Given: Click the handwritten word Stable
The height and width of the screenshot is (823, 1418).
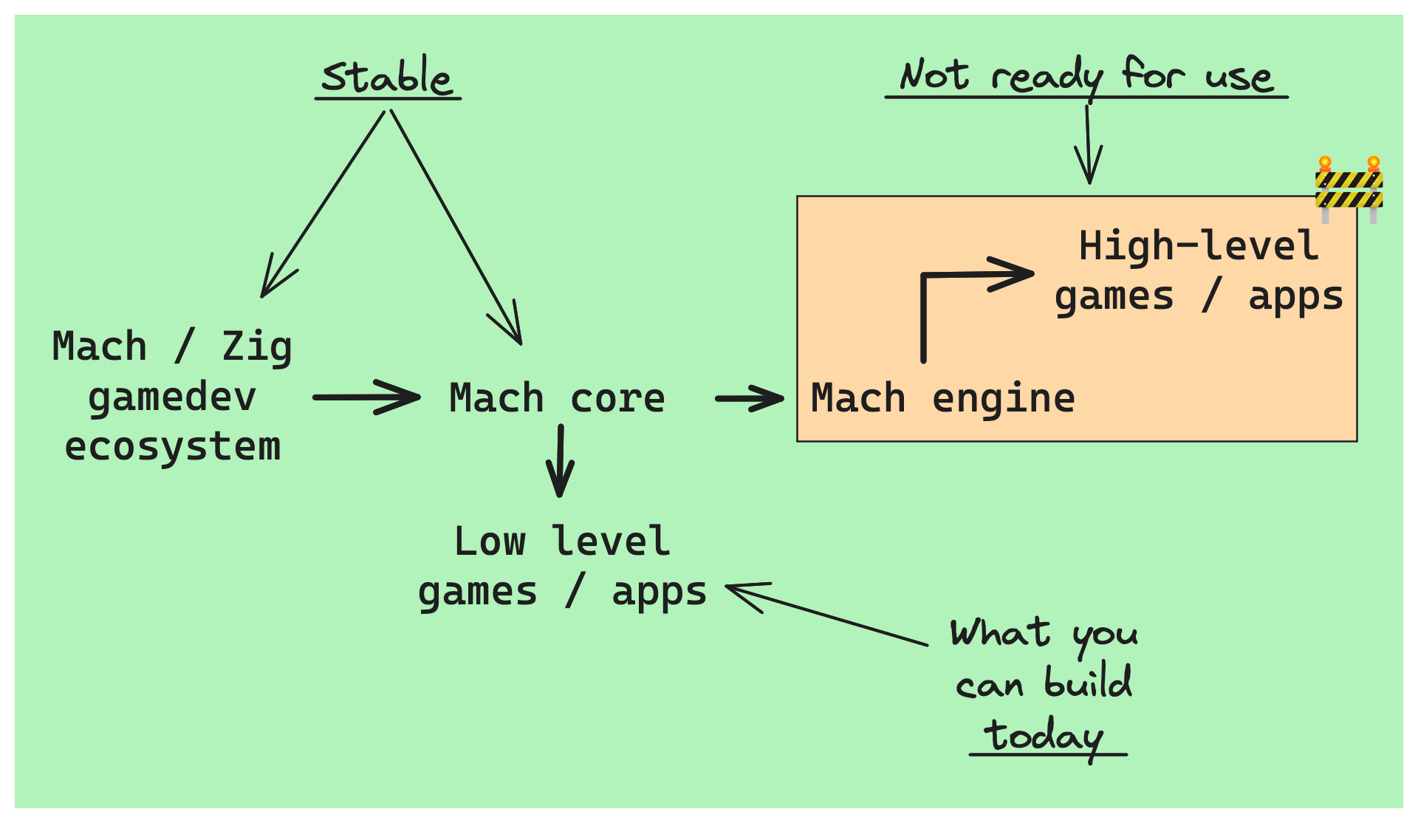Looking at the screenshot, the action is click(386, 76).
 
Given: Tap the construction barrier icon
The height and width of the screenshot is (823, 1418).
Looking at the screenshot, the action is click(1349, 189).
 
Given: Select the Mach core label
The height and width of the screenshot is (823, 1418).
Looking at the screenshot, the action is click(557, 398).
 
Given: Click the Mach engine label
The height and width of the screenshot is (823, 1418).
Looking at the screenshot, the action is click(942, 398).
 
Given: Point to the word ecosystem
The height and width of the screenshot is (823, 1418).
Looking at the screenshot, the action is click(173, 448).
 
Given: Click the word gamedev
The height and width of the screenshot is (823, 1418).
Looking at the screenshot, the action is click(172, 398).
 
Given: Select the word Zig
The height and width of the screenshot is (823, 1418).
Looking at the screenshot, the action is click(257, 346).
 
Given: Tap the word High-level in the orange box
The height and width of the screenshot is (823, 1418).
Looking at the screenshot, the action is click(1198, 245).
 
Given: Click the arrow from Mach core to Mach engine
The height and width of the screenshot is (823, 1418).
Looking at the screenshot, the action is click(750, 398).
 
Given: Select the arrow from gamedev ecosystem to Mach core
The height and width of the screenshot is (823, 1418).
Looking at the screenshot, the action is click(367, 397).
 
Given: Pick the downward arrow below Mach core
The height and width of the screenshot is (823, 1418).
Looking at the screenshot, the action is click(560, 461).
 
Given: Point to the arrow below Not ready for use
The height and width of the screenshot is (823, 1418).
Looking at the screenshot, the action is click(1088, 144).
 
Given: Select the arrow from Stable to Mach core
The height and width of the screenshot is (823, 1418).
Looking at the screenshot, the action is click(456, 228).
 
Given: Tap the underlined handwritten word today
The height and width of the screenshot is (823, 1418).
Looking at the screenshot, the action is click(1044, 737).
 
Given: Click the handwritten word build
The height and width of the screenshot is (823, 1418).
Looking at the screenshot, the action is click(1088, 682).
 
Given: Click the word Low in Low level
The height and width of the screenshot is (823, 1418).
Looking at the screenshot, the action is click(490, 542).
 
